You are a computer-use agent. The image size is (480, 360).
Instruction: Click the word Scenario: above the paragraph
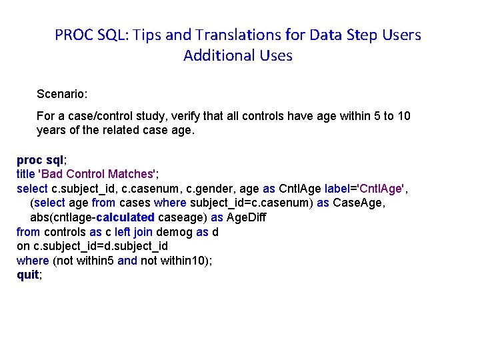[x=61, y=95]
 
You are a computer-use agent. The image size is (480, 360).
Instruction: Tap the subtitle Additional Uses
[x=238, y=55]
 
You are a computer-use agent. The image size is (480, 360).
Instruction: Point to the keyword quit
[x=28, y=275]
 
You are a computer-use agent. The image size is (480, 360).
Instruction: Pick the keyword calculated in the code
[x=125, y=217]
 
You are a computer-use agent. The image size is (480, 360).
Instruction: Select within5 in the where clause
[x=93, y=261]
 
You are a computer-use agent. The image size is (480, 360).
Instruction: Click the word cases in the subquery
[x=135, y=203]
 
